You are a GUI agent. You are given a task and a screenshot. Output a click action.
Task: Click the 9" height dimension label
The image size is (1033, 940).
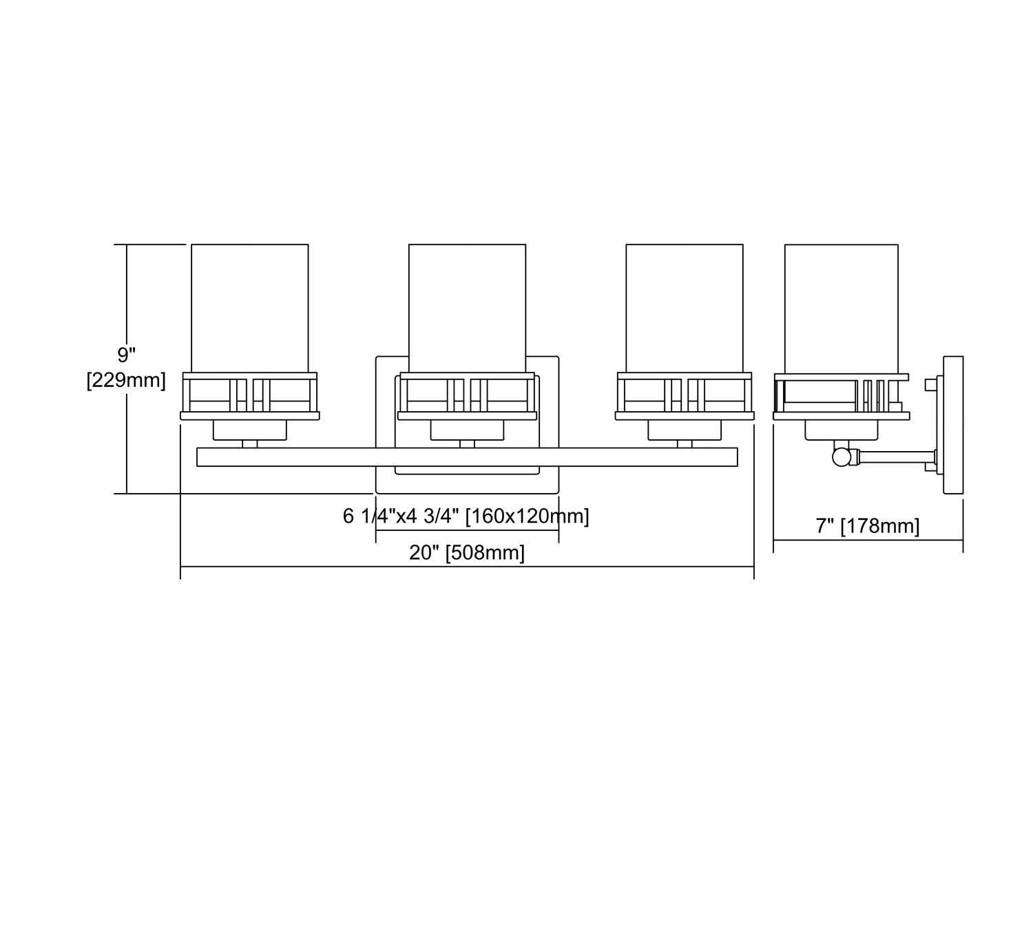point(126,355)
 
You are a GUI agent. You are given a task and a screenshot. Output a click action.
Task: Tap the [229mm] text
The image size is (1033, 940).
point(126,381)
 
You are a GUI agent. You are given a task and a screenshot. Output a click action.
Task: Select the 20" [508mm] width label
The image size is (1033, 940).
point(467,553)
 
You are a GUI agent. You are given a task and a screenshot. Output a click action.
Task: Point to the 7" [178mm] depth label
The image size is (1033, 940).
point(868,526)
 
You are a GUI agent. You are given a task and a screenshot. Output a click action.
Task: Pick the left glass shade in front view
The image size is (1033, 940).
point(250,308)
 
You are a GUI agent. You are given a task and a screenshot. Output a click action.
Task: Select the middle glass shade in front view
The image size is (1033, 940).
point(467,308)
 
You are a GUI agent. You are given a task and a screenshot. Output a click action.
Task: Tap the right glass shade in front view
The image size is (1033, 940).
point(685,308)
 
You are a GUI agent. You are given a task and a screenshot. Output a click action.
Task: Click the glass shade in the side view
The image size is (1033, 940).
point(842,309)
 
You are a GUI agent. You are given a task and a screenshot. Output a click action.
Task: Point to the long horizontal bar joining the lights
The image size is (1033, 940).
point(467,457)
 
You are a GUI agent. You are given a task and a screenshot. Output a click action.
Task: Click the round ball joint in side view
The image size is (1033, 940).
point(841,457)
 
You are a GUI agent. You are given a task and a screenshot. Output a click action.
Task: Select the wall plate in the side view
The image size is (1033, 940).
point(952,425)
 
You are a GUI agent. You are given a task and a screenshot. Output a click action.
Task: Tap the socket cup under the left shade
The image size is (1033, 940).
point(250,430)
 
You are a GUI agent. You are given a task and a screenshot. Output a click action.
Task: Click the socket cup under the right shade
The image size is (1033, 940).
point(685,430)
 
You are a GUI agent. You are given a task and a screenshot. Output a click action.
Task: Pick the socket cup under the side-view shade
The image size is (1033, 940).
point(842,430)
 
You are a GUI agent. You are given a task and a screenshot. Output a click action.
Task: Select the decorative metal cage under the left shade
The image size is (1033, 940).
point(250,396)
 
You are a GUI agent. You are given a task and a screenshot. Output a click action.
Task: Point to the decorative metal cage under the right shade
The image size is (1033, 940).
point(685,396)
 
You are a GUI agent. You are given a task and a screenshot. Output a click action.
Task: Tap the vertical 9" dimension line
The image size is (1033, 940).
point(127,369)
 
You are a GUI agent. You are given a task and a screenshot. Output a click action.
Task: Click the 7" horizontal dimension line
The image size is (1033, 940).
point(868,541)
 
